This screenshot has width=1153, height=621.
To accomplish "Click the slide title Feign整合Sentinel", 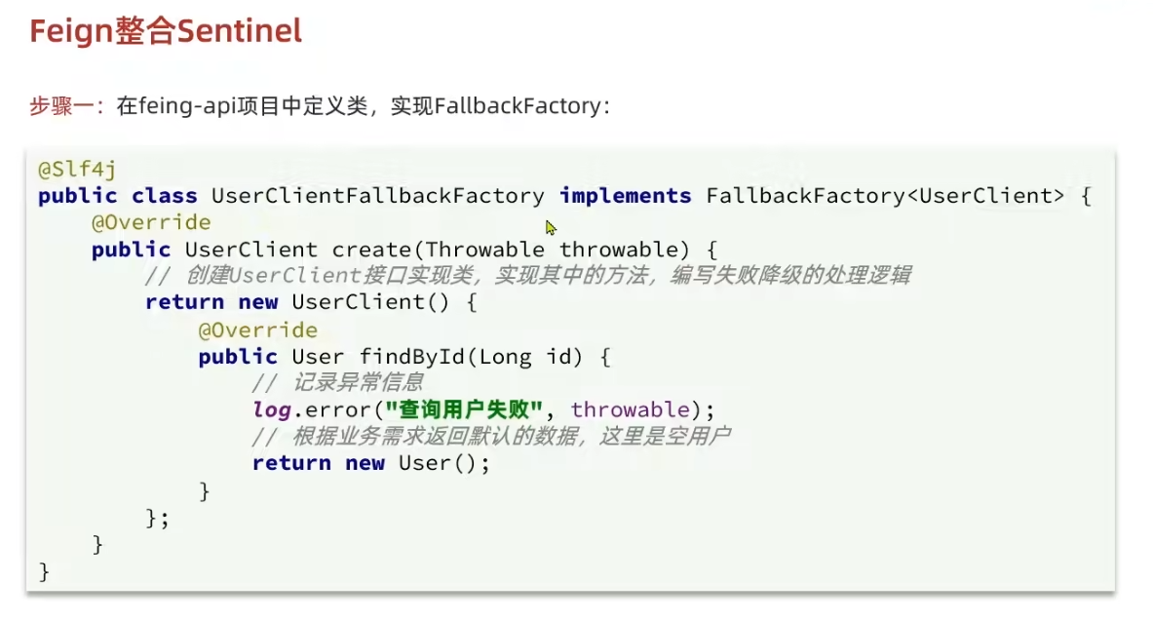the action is coord(166,31).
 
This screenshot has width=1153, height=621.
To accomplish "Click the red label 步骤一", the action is coord(64,106).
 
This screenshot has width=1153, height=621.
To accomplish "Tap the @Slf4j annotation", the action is coord(77,170).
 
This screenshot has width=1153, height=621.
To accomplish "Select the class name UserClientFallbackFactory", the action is coord(377,196).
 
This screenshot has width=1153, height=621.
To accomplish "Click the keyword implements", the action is coord(625,196).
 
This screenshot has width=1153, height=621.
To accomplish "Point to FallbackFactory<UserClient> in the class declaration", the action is coord(885,196).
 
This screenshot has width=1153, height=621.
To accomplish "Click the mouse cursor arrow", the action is coord(551,227).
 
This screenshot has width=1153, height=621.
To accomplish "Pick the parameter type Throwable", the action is coord(484,250).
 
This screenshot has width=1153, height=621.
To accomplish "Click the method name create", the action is coord(371,250).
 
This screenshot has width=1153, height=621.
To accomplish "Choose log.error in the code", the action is coord(311,409).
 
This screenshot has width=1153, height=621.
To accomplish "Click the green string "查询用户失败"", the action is coord(464,409).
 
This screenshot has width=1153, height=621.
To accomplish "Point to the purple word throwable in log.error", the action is coord(630,409).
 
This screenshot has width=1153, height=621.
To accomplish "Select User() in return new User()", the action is coord(438,463).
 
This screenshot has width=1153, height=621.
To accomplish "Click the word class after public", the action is coord(165,196).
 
